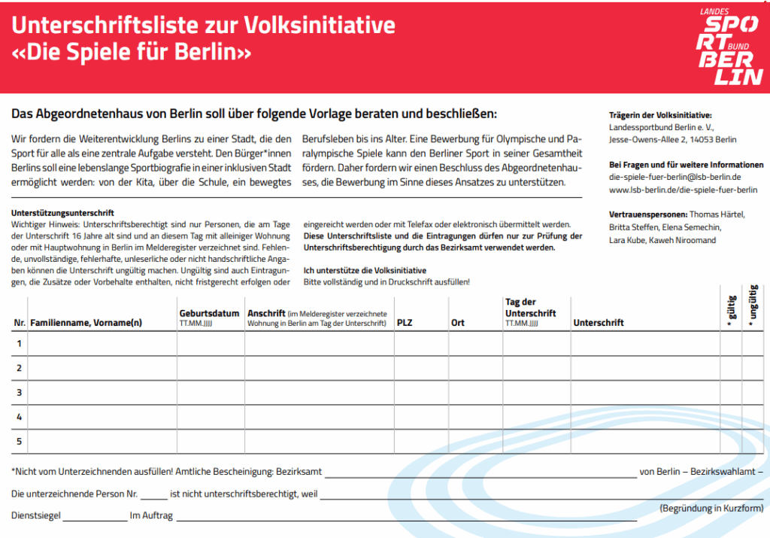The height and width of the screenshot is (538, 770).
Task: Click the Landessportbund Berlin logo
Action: [729, 46]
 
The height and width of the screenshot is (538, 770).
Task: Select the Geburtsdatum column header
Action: [209, 313]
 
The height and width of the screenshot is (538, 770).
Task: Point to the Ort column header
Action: [457, 323]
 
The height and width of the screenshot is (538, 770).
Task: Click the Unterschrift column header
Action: [599, 323]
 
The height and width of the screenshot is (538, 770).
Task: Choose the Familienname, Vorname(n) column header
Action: [86, 323]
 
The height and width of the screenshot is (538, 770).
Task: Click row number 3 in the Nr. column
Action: [20, 392]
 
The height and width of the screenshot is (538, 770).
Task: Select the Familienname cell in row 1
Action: [102, 344]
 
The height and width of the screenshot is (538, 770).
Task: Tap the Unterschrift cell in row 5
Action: [644, 441]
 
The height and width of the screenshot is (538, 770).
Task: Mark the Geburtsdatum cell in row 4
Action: [211, 417]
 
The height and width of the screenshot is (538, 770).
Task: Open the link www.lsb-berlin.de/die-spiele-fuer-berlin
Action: [683, 190]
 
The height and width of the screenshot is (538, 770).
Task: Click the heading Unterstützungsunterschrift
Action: [62, 214]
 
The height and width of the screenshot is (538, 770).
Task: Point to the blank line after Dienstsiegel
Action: [95, 518]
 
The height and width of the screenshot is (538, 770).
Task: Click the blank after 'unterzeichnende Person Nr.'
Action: [153, 497]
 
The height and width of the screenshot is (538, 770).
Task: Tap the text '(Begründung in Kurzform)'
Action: [711, 508]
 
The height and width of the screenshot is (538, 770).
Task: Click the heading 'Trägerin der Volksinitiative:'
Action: [659, 115]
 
